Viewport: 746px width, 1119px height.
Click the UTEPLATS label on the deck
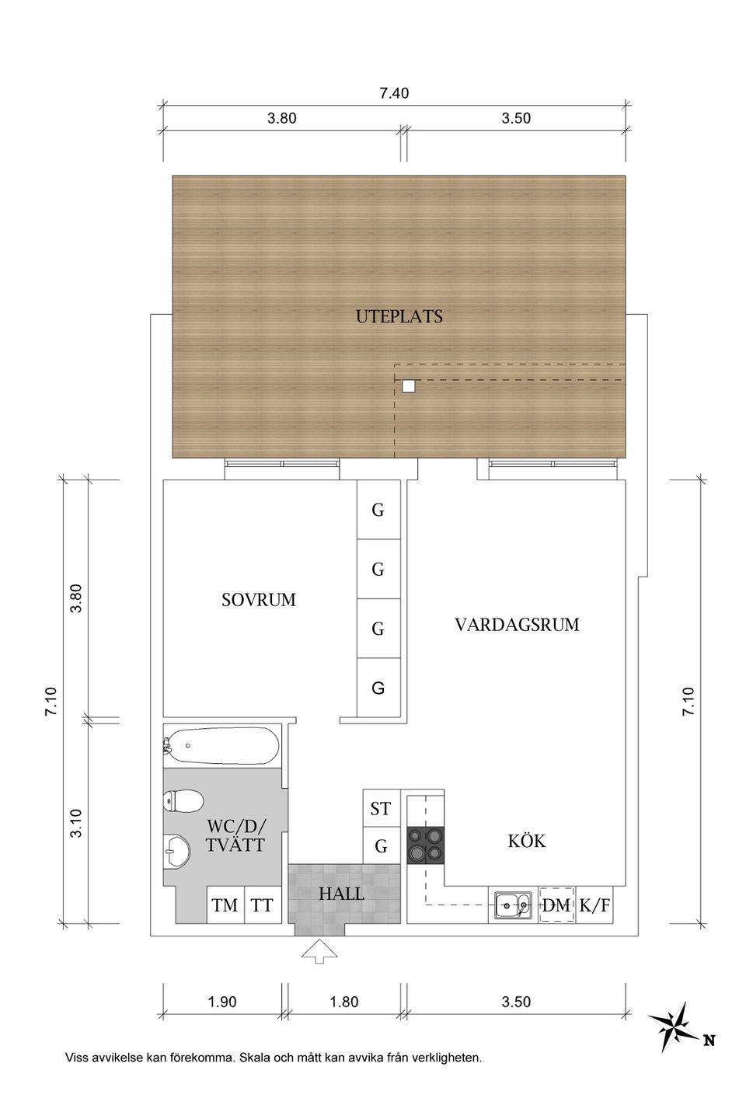pyautogui.click(x=399, y=316)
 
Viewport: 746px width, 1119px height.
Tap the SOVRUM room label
pyautogui.click(x=258, y=600)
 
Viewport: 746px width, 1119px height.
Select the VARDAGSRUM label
pyautogui.click(x=517, y=625)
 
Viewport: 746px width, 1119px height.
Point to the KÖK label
pyautogui.click(x=526, y=841)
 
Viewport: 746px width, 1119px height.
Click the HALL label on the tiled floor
pyautogui.click(x=341, y=894)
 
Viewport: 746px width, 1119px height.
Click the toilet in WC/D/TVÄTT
pyautogui.click(x=183, y=801)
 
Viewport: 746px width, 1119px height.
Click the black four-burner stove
pyautogui.click(x=425, y=844)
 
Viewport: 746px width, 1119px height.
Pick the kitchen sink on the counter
pyautogui.click(x=514, y=905)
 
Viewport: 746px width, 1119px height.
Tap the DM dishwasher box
pyautogui.click(x=556, y=905)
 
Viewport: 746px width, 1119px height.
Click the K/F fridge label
pyautogui.click(x=594, y=905)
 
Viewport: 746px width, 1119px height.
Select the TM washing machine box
pyautogui.click(x=225, y=905)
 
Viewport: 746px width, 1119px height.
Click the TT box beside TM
pyautogui.click(x=263, y=905)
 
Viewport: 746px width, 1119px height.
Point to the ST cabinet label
pyautogui.click(x=381, y=809)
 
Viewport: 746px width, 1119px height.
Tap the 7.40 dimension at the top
pyautogui.click(x=394, y=94)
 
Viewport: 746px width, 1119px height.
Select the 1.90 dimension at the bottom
pyautogui.click(x=221, y=1002)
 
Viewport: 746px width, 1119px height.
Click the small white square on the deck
pyautogui.click(x=409, y=385)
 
